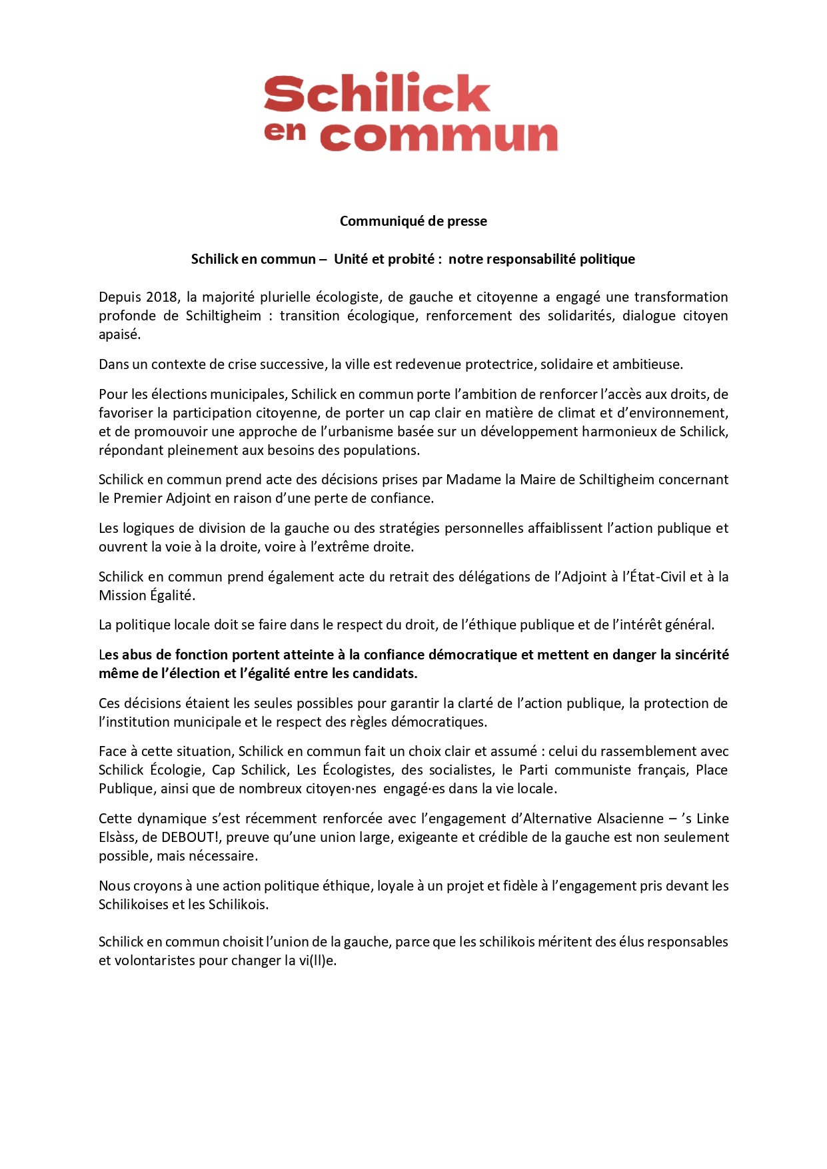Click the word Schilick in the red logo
tap(377, 93)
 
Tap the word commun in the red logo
tap(438, 137)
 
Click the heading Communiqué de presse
tap(413, 221)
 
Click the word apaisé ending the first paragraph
tap(119, 334)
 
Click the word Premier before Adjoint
tap(139, 498)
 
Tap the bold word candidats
tap(383, 673)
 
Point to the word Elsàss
tap(117, 837)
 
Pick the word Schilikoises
tap(133, 905)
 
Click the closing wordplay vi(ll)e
tap(318, 961)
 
